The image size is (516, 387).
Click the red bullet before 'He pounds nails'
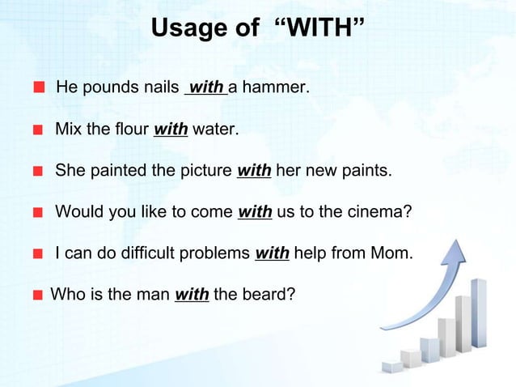(39, 87)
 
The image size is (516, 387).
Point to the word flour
(130, 129)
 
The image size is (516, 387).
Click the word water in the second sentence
(214, 129)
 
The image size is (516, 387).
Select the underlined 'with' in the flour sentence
(171, 129)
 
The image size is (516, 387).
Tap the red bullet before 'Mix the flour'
(38, 130)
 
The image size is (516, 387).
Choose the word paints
(367, 171)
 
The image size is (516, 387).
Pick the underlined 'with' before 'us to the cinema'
(255, 213)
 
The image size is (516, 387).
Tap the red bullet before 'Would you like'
(38, 214)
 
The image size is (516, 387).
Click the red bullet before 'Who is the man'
(38, 296)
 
